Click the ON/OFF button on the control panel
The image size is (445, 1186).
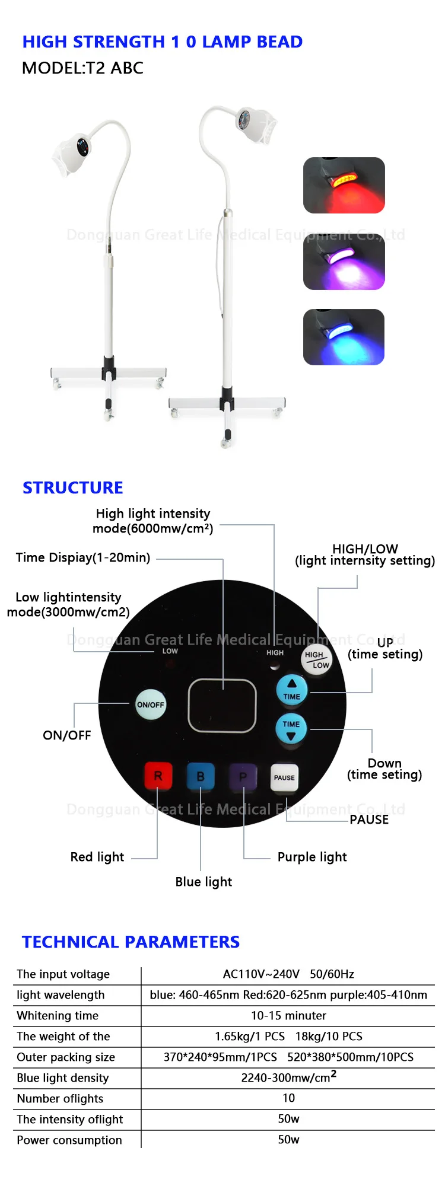point(150,704)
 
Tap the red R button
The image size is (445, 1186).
point(158,776)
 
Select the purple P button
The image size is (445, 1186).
point(243,777)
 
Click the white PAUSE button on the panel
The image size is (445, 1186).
point(284,777)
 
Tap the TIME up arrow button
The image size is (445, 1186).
point(291,690)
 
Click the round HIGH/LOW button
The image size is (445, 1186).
point(317,659)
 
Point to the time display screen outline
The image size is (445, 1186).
point(223,706)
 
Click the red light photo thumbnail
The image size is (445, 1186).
point(344,185)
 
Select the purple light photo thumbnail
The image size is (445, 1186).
point(344,262)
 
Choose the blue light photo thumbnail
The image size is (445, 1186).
point(344,337)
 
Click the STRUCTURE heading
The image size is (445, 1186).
point(73,487)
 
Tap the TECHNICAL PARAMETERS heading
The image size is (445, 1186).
point(131,942)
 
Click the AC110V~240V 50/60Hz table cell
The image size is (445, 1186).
point(288,974)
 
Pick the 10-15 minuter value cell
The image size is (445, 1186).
point(288,1016)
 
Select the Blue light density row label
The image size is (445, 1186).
point(63,1078)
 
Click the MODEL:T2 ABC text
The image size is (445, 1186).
point(82,68)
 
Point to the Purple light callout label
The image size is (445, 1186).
point(312,857)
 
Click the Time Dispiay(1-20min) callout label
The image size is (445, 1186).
point(83,557)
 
